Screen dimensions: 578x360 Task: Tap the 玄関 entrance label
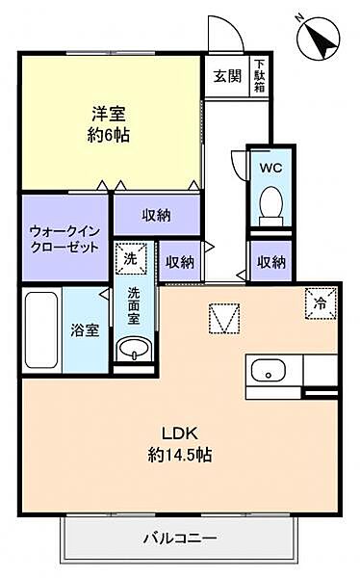[x=226, y=76]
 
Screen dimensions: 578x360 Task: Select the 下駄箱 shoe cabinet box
[x=260, y=76]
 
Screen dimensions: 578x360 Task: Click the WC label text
[x=269, y=164]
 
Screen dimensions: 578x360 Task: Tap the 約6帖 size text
[x=106, y=136]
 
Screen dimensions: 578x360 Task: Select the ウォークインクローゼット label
[x=64, y=238]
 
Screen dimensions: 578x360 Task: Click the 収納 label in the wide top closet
[x=156, y=215]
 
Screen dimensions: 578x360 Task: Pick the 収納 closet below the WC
[x=270, y=261]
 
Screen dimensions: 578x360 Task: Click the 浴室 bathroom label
[x=84, y=330]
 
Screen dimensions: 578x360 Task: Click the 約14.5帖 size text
[x=177, y=454]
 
